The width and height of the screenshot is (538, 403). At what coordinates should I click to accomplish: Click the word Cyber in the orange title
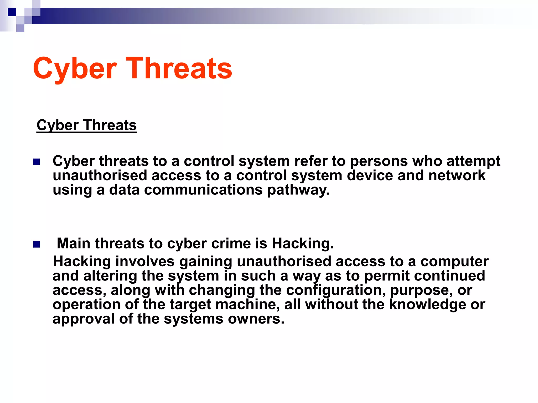75,69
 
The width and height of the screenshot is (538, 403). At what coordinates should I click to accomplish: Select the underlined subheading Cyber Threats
87,125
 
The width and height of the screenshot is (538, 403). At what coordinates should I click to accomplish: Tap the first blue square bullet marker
37,162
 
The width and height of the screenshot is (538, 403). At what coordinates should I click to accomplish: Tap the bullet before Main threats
37,245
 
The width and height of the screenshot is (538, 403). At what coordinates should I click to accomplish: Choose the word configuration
335,290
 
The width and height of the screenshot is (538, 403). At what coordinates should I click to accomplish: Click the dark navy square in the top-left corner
12,12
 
